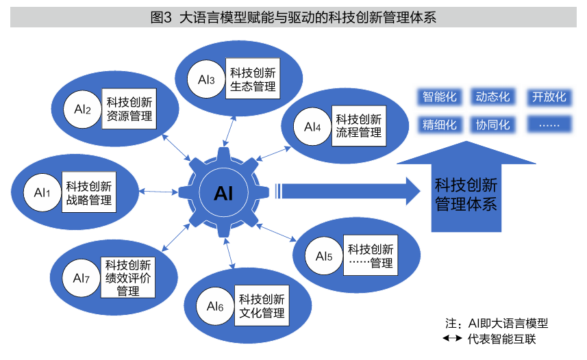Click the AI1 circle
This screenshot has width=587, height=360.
tap(42, 193)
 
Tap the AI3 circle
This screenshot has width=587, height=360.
tap(207, 80)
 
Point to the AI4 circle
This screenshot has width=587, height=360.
tap(312, 126)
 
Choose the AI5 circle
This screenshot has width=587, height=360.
tap(324, 257)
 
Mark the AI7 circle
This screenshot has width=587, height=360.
tap(82, 278)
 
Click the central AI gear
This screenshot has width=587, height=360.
tap(224, 193)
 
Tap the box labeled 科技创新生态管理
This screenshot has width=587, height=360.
tap(253, 79)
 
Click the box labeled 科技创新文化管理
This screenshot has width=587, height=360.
tap(262, 306)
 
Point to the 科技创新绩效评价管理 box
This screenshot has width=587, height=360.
tap(128, 277)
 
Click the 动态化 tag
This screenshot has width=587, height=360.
tap(493, 97)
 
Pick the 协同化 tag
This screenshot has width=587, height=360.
tap(493, 125)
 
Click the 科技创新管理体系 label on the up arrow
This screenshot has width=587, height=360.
tap(466, 194)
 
